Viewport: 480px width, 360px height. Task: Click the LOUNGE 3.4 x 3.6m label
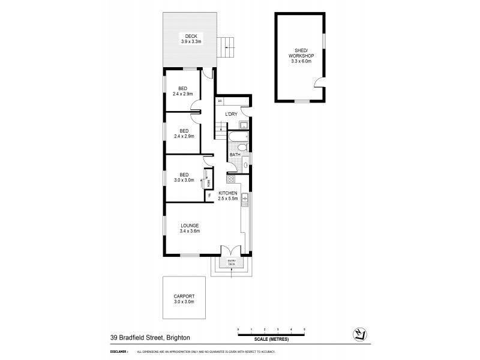point(190,227)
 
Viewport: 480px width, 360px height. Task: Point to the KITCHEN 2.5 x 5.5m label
point(228,195)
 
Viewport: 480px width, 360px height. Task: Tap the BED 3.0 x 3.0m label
point(184,176)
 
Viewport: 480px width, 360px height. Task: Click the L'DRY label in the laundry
point(231,114)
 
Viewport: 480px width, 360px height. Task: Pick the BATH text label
point(235,155)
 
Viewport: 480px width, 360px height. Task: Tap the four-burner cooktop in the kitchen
point(230,178)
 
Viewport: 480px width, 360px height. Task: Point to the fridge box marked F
point(209,196)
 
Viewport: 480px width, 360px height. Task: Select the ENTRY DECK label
point(232,262)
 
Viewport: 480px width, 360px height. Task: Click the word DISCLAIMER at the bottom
point(119,351)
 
